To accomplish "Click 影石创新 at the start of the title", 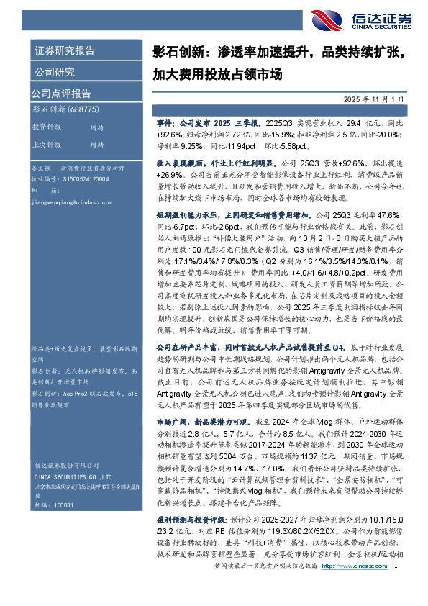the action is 176,53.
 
